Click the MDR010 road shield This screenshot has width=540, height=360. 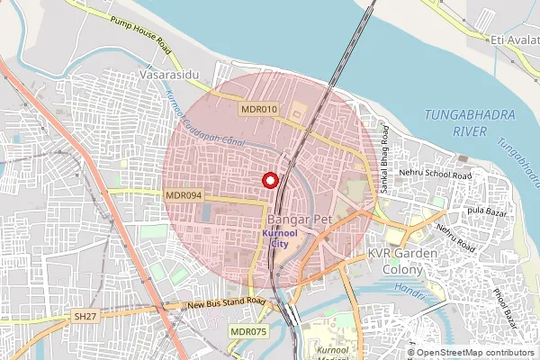(x=260, y=109)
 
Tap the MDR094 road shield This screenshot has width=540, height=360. (x=184, y=194)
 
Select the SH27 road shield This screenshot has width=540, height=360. (x=85, y=318)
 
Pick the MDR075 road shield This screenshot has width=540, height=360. (x=248, y=332)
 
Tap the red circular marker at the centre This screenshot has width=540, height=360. (x=269, y=180)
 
